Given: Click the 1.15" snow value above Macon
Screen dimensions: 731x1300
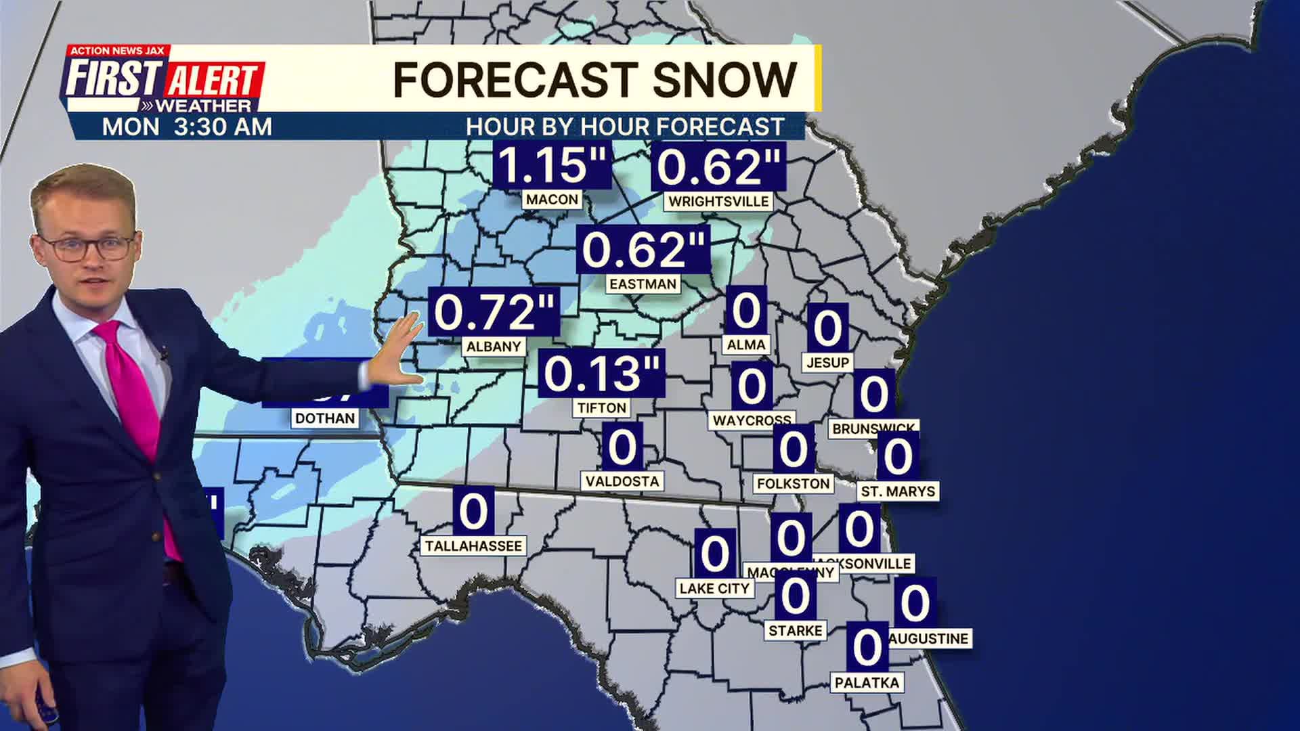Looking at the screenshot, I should pyautogui.click(x=552, y=165).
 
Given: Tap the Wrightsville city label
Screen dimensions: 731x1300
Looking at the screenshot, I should pyautogui.click(x=718, y=202).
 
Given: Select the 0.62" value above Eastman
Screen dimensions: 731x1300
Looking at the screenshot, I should pyautogui.click(x=643, y=250).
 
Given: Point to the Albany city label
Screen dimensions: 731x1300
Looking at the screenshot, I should pyautogui.click(x=494, y=347).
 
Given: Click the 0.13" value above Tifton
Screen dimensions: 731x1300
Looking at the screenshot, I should pyautogui.click(x=601, y=374).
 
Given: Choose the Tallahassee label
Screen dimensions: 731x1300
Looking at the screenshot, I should pyautogui.click(x=473, y=546).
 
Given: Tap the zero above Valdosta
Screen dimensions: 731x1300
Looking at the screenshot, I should pyautogui.click(x=622, y=447).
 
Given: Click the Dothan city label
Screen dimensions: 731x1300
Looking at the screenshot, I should pyautogui.click(x=325, y=418).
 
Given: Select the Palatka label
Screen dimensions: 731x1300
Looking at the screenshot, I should pyautogui.click(x=867, y=683).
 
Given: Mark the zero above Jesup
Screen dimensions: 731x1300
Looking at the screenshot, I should pyautogui.click(x=827, y=329).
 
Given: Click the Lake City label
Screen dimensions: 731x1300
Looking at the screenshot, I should pyautogui.click(x=714, y=589).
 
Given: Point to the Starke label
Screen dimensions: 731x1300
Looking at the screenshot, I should pyautogui.click(x=795, y=631).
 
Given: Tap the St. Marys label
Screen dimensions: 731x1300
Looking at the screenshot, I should pyautogui.click(x=898, y=491).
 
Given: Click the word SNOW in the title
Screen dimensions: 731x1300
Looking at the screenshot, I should pyautogui.click(x=724, y=80).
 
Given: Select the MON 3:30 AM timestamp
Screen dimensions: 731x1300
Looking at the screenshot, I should pyautogui.click(x=187, y=127).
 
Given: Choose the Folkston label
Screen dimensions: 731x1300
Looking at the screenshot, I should pyautogui.click(x=793, y=484).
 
